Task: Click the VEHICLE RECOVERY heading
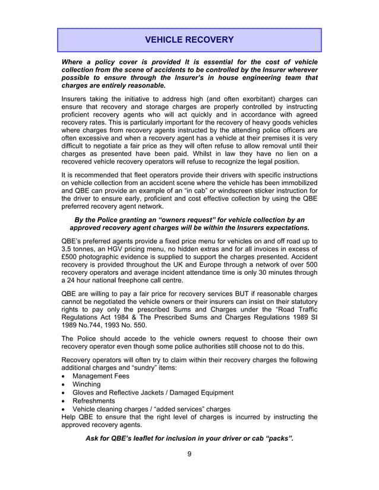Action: [190, 40]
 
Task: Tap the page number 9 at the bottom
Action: [189, 455]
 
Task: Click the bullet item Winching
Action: [87, 384]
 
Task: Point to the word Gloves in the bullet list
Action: [84, 392]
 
